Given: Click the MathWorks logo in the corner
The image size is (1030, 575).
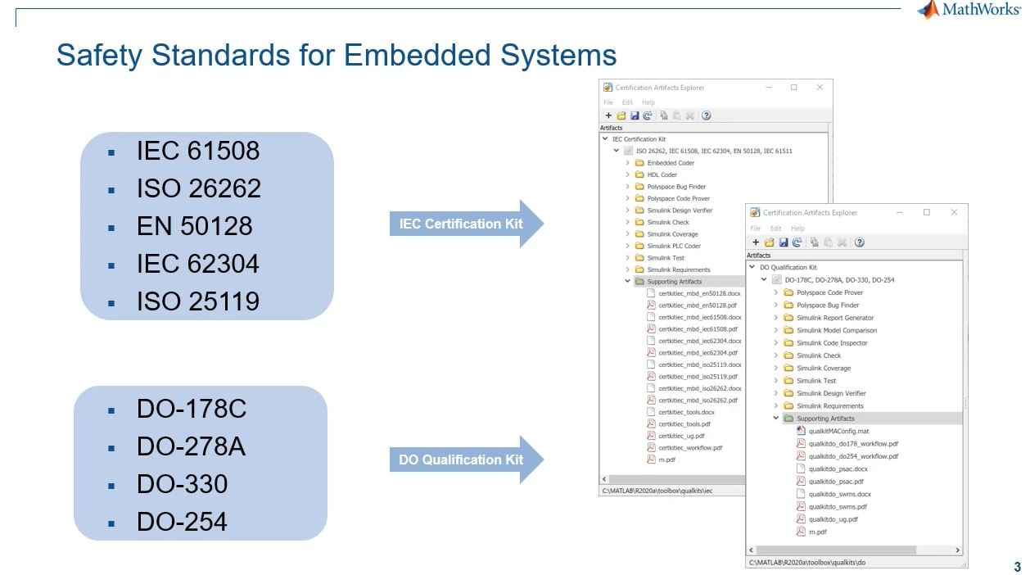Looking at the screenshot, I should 971,10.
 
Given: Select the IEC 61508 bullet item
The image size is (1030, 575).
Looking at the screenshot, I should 197,151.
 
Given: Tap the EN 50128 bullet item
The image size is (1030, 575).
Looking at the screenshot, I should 194,226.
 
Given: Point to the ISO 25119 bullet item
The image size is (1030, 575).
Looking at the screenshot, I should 197,301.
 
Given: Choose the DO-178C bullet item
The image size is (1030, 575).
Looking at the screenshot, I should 191,409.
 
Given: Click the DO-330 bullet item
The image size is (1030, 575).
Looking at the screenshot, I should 182,484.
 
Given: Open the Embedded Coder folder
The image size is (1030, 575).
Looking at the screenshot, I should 671,163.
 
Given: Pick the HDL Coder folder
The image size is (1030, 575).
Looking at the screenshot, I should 662,174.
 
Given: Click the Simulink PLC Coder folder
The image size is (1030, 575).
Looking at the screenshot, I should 673,246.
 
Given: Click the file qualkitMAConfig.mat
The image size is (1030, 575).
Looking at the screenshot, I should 838,431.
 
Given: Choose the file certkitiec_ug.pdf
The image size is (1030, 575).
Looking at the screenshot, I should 681,436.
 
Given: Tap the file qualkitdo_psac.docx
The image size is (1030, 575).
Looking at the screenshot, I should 838,469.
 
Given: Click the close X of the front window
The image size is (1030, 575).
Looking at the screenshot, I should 954,212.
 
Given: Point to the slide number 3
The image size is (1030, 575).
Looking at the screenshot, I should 1017,567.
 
